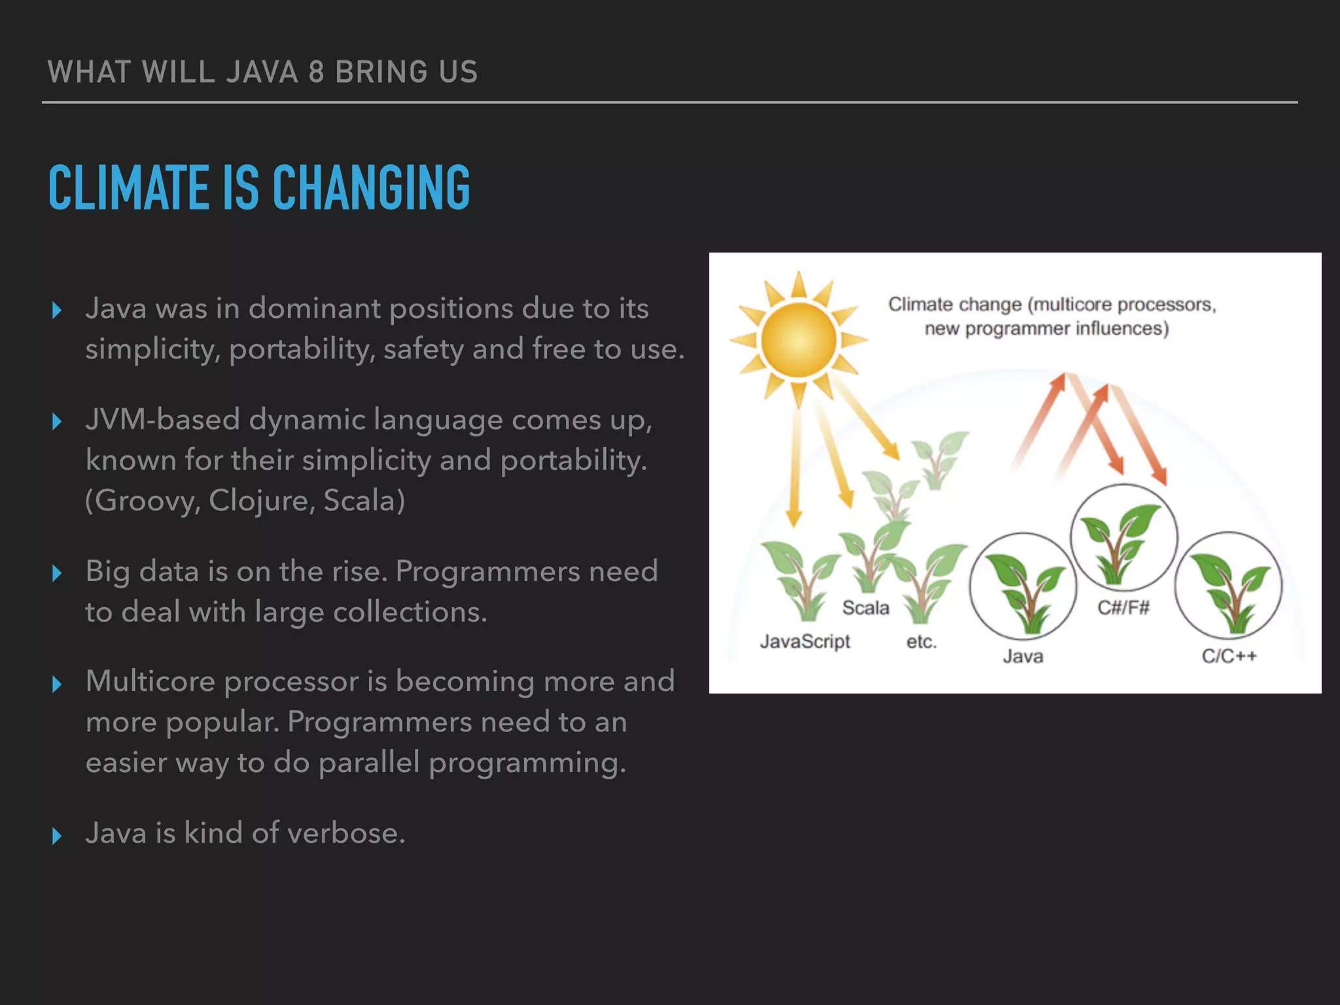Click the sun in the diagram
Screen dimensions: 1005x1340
799,340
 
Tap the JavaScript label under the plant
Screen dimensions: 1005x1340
805,641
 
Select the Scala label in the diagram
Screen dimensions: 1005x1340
866,608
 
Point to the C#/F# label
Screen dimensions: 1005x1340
1123,608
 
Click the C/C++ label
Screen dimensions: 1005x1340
1229,656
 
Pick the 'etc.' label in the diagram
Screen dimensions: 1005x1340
921,642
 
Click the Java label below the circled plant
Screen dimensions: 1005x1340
1023,656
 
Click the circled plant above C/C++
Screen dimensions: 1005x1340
1229,586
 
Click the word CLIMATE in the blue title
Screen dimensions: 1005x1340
129,188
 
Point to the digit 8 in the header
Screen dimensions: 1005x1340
317,72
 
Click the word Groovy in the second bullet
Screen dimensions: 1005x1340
146,501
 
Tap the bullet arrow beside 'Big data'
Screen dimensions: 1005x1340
57,573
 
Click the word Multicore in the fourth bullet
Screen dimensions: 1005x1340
150,682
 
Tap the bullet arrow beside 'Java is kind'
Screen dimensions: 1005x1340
57,836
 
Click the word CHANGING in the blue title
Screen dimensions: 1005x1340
371,188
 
